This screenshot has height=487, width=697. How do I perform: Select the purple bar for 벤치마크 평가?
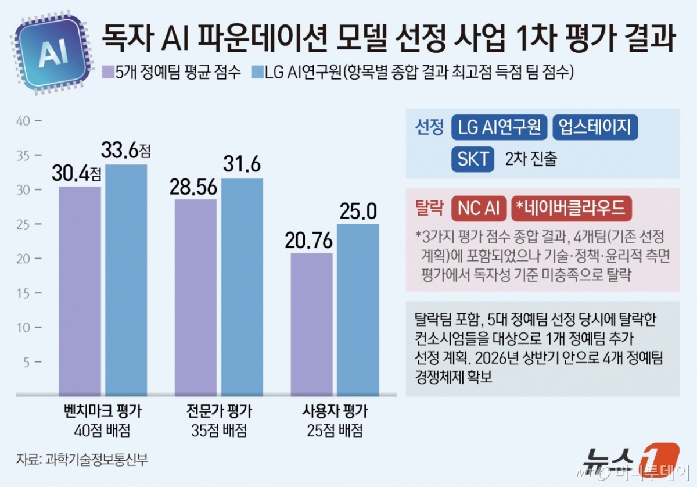pos(80,291)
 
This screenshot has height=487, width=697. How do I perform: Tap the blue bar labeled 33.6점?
pos(126,279)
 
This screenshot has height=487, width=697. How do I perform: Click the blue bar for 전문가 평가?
pos(242,287)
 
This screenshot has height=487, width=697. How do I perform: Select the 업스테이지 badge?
pos(595,127)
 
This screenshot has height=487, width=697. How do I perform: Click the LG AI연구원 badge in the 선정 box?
pos(499,127)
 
